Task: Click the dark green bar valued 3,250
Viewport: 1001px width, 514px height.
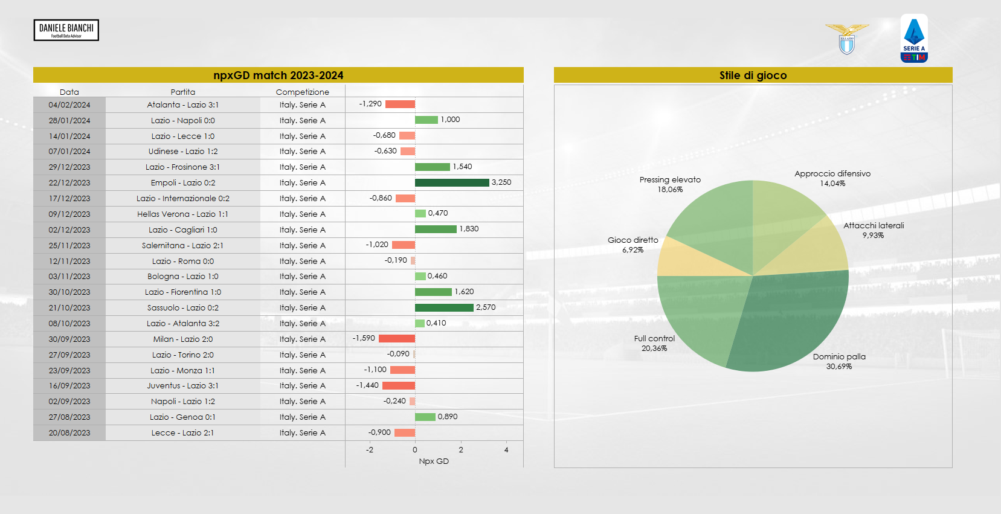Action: (452, 182)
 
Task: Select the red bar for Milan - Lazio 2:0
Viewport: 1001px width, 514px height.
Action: (397, 339)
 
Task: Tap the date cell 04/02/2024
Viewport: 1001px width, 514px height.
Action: (69, 105)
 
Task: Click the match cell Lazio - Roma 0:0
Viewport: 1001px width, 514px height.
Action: (183, 262)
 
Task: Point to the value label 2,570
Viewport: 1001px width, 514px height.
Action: (486, 307)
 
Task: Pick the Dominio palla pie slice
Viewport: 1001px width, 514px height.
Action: (791, 320)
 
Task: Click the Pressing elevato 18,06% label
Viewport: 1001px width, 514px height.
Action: (670, 184)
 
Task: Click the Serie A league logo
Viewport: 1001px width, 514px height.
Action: (914, 38)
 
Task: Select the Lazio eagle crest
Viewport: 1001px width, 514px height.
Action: (847, 39)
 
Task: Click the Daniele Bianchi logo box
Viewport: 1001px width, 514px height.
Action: (66, 30)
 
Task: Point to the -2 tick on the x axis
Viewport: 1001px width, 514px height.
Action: (370, 450)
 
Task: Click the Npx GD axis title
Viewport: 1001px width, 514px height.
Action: (434, 461)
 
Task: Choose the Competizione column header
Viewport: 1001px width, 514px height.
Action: (302, 92)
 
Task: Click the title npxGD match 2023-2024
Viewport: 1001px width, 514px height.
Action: (278, 75)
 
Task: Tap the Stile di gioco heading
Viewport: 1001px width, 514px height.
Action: (753, 75)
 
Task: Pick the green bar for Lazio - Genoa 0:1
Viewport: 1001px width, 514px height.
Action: (425, 417)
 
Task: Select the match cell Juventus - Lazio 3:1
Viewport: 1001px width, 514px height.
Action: (183, 386)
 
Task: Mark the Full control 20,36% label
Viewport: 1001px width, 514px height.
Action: (654, 343)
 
